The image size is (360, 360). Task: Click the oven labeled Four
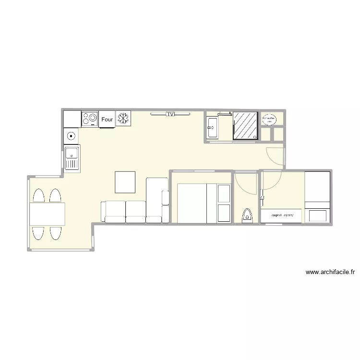coord(107,120)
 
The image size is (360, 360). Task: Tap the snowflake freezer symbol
coord(123,119)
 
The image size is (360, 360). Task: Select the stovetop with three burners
coord(90,119)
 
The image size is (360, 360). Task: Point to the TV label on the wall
coord(170,114)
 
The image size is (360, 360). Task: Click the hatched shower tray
coord(246,126)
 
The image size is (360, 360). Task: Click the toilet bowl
coord(248,214)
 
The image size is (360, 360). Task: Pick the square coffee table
coord(125,181)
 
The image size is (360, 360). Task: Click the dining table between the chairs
coord(47,214)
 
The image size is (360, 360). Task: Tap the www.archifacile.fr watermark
coord(330,272)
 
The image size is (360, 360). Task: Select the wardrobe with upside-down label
coord(282,216)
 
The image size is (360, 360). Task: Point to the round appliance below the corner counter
coord(72,136)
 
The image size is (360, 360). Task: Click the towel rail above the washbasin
coord(225,114)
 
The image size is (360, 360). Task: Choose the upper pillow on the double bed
coord(224,193)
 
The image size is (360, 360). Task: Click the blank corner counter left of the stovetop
coord(72,119)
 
